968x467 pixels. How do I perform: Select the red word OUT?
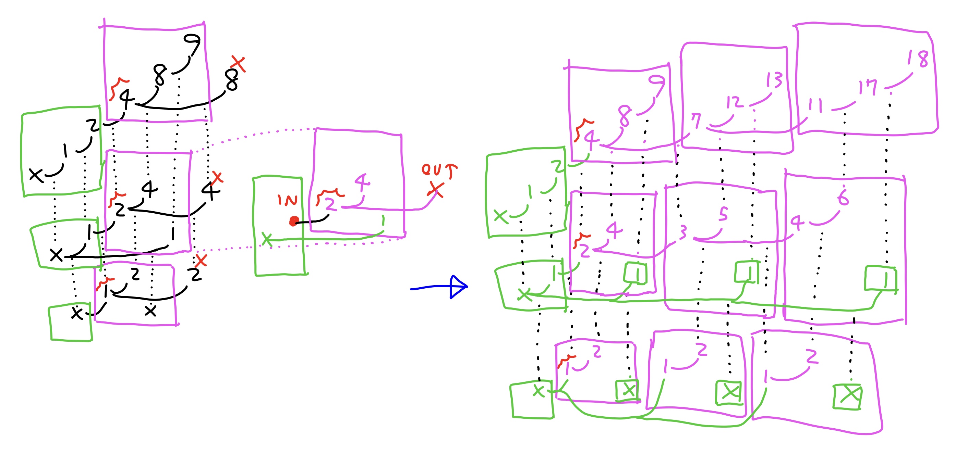[x=438, y=170]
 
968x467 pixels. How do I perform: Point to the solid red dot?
[x=294, y=221]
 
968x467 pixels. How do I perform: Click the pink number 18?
[x=918, y=58]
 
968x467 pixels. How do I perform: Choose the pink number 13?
[x=774, y=80]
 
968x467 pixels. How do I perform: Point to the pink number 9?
[x=656, y=85]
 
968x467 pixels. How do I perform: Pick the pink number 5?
[x=723, y=214]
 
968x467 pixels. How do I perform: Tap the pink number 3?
[x=683, y=232]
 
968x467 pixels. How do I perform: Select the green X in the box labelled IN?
[x=267, y=239]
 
